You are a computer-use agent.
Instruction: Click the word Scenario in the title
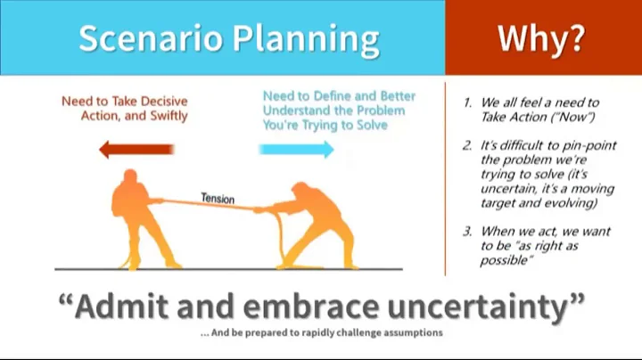(147, 38)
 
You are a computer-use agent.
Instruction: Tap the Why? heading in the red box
(543, 37)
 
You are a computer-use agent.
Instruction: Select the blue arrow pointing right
(298, 149)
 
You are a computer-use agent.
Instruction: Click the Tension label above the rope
(217, 198)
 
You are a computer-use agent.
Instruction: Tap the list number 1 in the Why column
(466, 102)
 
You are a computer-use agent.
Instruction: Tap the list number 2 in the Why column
(466, 146)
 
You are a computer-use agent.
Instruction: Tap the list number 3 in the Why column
(466, 232)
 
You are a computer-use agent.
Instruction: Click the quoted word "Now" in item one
(579, 116)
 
